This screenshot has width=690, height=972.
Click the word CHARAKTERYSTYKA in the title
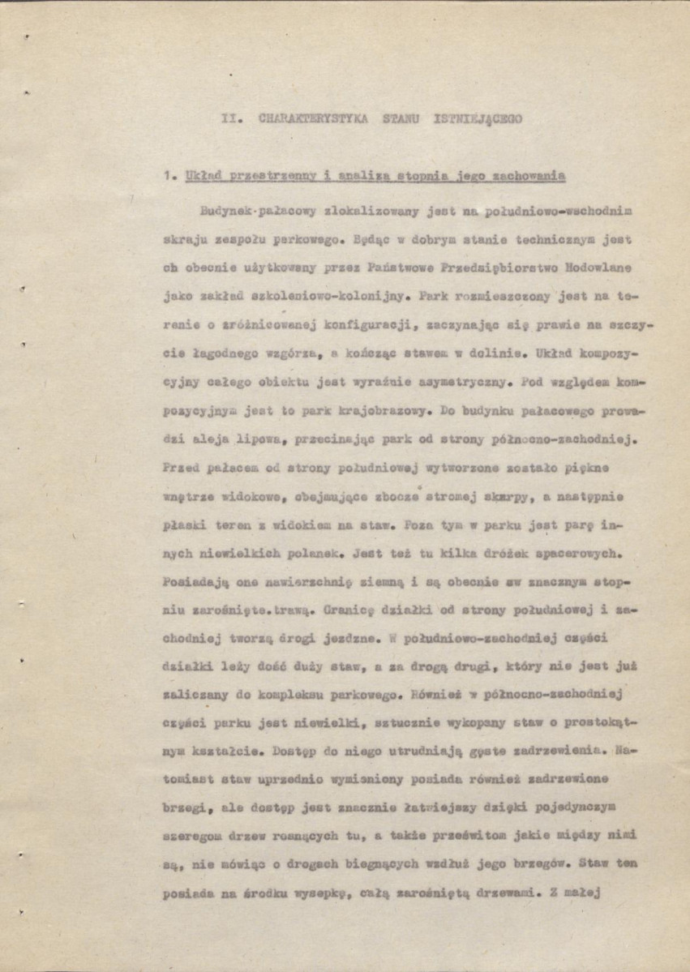tap(313, 118)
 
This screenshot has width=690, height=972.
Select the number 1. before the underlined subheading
tap(169, 175)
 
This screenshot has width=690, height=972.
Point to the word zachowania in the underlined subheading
tap(526, 175)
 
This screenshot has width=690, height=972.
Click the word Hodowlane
tap(598, 268)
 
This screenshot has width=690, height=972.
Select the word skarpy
tap(465, 496)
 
